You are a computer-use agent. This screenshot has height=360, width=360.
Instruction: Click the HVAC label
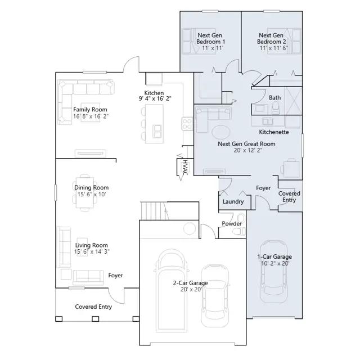pos(185,168)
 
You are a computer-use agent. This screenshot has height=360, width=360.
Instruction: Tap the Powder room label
pos(232,223)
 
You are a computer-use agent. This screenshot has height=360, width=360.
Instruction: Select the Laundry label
pos(233,201)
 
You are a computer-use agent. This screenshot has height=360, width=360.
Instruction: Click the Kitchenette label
pos(274,132)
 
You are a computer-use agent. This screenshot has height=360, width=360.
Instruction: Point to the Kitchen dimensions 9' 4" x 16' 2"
pos(155,99)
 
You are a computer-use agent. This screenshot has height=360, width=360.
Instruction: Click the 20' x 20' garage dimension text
pos(191,290)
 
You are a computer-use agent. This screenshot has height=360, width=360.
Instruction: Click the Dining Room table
pos(85,192)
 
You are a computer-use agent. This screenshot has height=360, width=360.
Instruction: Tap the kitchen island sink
pos(157,131)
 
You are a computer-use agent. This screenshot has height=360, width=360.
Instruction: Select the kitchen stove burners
pos(187,124)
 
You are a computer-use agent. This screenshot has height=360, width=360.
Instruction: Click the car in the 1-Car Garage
pos(274,272)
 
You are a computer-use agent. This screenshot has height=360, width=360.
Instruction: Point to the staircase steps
pos(154,210)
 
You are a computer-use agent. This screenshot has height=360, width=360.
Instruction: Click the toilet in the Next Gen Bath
pos(275,108)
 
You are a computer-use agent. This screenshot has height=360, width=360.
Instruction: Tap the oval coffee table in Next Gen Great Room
pos(221,132)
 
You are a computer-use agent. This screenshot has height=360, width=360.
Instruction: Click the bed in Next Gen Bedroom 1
pos(199,41)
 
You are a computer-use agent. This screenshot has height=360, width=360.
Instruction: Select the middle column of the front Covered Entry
pos(95,319)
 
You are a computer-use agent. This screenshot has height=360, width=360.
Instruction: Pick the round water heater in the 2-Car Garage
pos(190,228)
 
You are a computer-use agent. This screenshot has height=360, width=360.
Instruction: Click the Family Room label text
pos(90,110)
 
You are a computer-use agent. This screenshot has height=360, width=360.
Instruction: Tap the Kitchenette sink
pos(268,121)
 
